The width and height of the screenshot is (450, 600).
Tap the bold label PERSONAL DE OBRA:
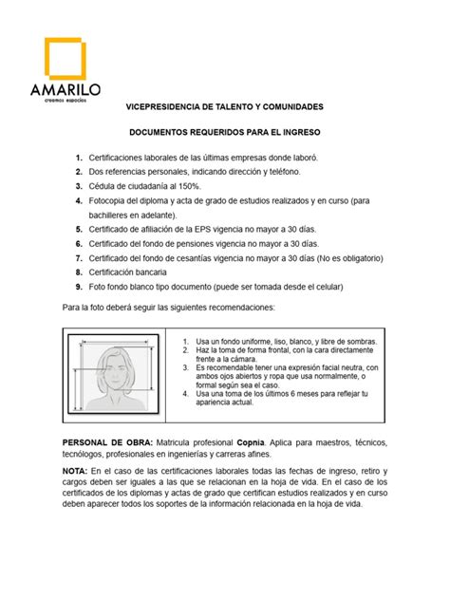coord(107,442)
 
